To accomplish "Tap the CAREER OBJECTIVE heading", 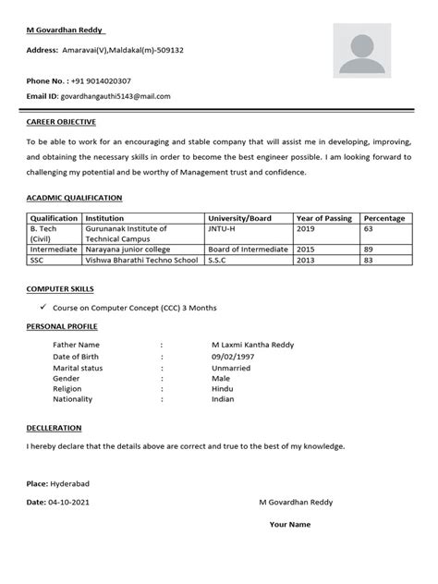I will pos(61,121).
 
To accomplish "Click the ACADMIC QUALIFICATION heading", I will pos(74,198).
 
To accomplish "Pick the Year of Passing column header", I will pos(323,218).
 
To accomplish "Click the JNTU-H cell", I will pos(223,227).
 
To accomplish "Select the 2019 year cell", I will pos(305,227).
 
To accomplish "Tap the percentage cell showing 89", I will pos(369,249).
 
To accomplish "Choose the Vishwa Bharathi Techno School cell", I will pos(141,261).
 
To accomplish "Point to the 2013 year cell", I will pos(305,261).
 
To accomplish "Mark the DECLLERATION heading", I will pos(55,428).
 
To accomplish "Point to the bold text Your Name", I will pos(290,524).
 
